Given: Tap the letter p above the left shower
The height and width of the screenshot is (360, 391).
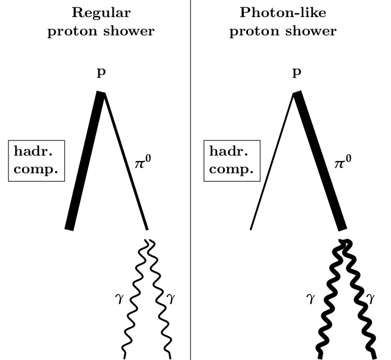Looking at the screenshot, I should [101, 73].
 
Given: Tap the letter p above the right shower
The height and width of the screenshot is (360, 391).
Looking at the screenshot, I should [298, 73].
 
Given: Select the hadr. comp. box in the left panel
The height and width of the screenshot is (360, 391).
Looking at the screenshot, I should [37, 160].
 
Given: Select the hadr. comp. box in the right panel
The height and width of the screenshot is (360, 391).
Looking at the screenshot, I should [232, 160].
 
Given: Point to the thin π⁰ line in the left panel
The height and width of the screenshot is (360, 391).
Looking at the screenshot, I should [125, 162].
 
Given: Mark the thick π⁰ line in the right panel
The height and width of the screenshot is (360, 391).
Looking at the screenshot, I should [321, 162].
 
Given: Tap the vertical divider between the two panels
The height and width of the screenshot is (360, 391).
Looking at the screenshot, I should [191, 183].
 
